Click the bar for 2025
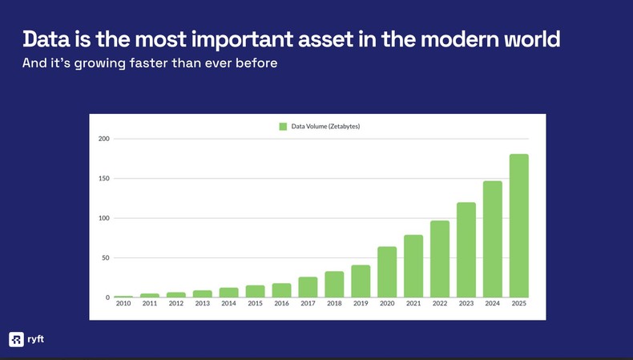click(x=518, y=225)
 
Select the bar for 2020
click(x=387, y=272)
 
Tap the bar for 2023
click(x=466, y=249)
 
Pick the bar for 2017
click(x=308, y=287)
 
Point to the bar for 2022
click(x=439, y=258)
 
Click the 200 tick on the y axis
click(x=103, y=139)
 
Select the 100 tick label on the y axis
click(x=103, y=218)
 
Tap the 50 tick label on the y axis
click(x=105, y=258)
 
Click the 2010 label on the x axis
click(x=123, y=304)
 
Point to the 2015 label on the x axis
click(x=255, y=304)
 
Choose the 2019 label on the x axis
click(x=361, y=304)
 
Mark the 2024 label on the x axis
click(x=492, y=304)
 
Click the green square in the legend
click(x=283, y=126)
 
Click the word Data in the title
click(x=44, y=38)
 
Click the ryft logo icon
click(x=16, y=339)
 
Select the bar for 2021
click(x=413, y=266)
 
